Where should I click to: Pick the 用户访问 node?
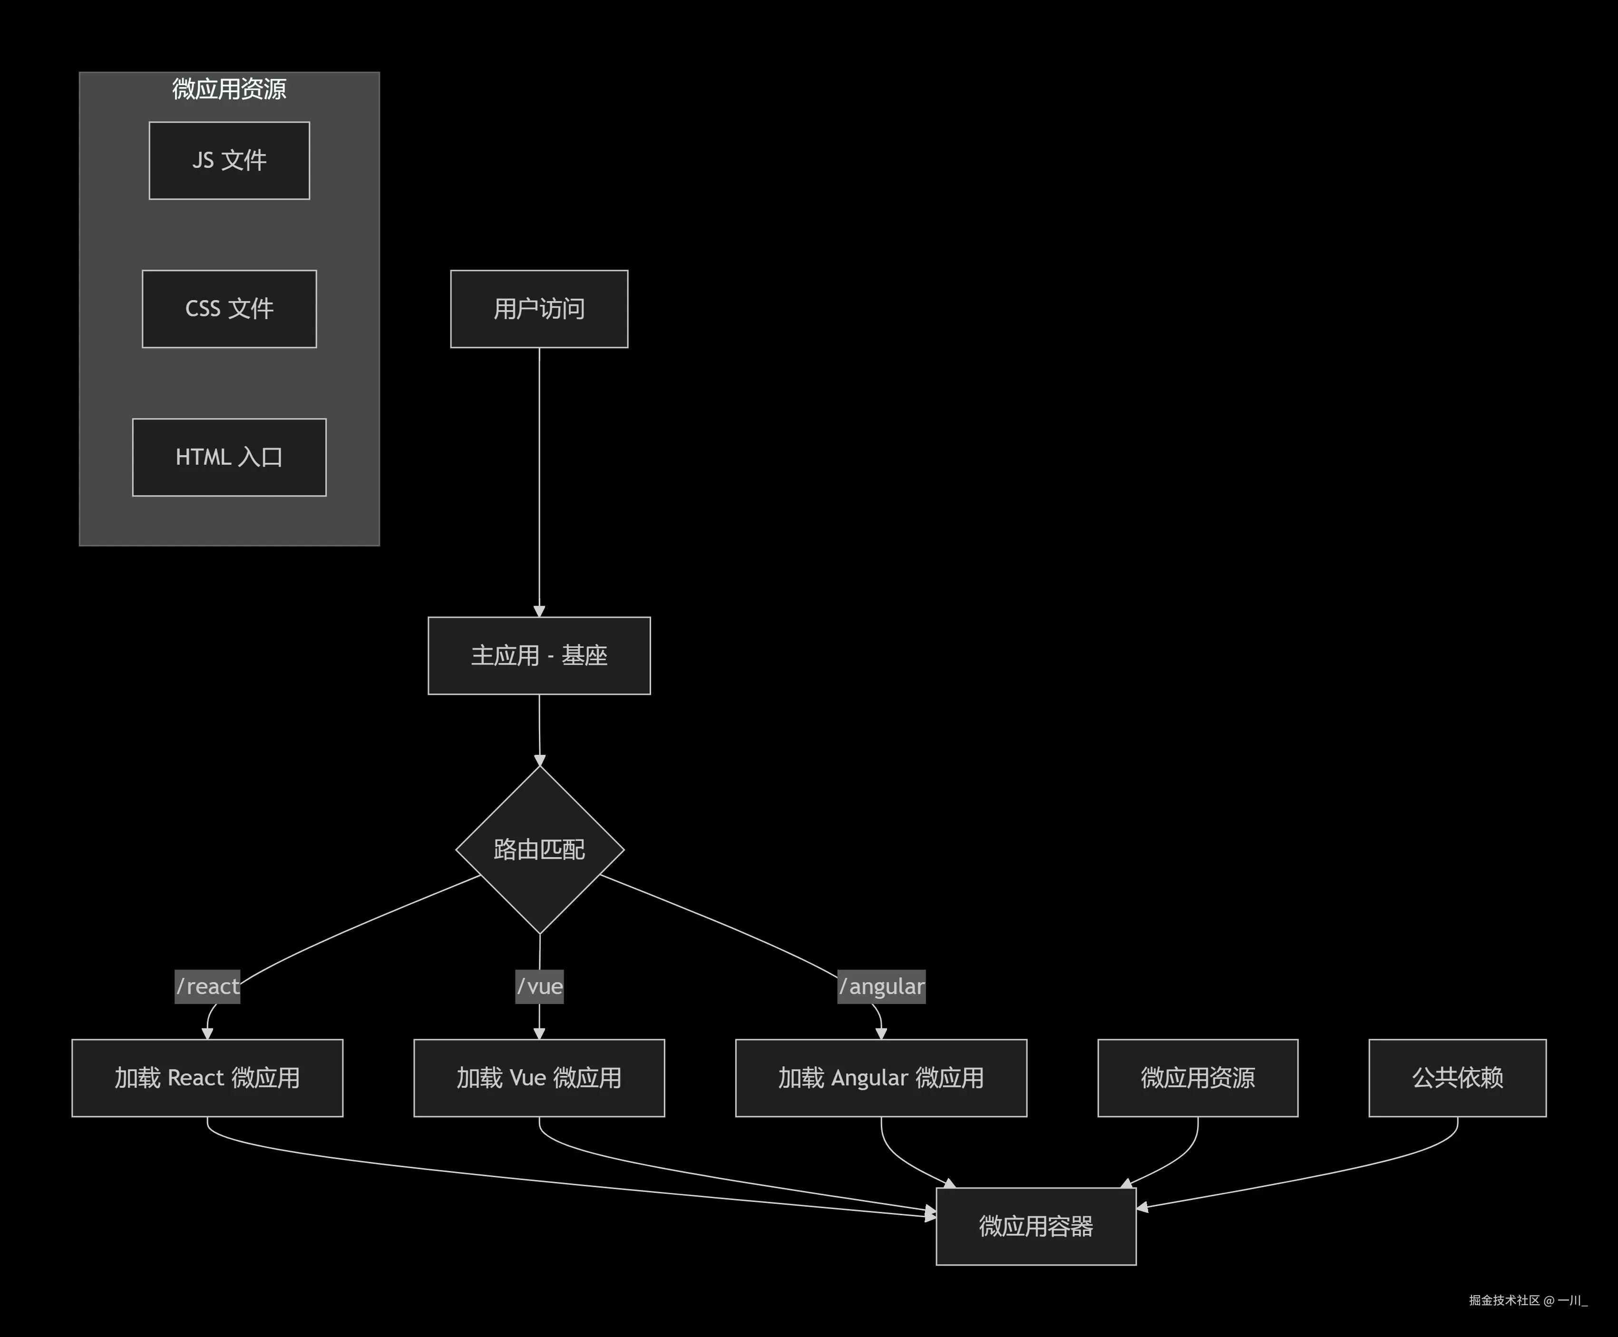539,309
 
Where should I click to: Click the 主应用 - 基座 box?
539,655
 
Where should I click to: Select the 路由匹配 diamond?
539,849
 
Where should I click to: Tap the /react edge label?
207,986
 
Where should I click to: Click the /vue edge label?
539,986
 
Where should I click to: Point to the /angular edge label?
881,986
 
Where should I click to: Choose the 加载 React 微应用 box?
207,1077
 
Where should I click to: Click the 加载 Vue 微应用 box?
539,1077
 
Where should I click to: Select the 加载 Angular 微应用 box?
881,1077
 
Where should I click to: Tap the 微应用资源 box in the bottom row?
1198,1077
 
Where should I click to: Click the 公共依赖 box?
1457,1077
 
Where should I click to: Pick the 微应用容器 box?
1036,1226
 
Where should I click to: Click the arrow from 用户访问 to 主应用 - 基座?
539,478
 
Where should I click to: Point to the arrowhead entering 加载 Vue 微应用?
539,1034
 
